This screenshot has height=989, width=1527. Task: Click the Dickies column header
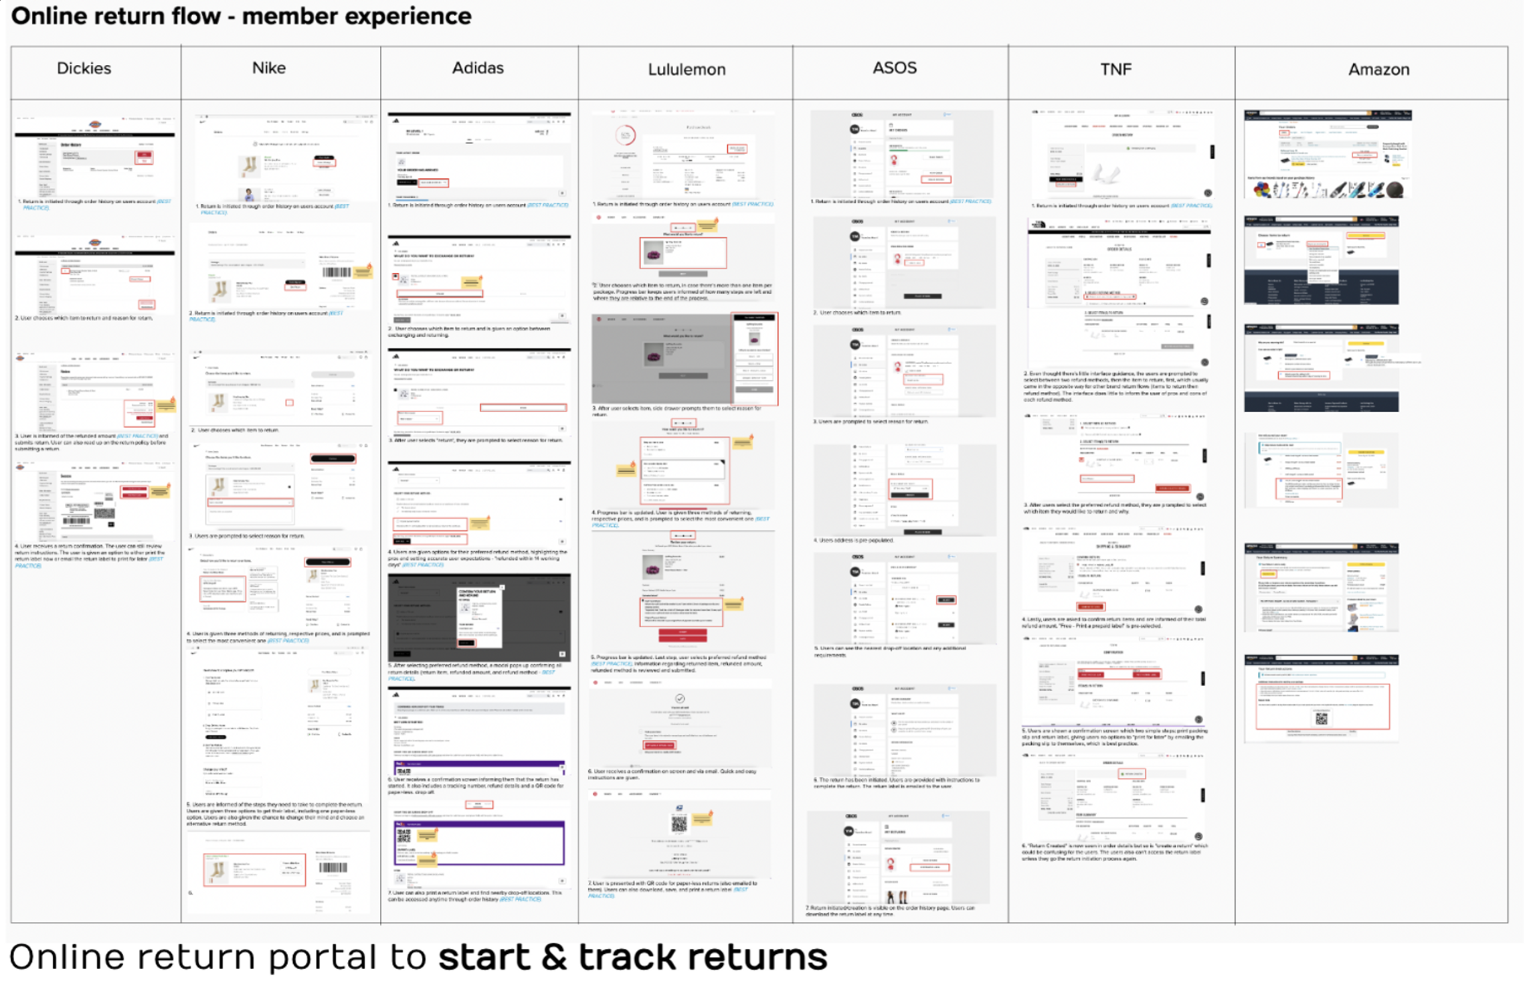(x=84, y=68)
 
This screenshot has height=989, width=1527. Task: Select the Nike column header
(x=268, y=68)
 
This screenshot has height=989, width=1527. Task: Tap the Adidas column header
(x=477, y=68)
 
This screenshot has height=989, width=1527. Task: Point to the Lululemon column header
(x=686, y=70)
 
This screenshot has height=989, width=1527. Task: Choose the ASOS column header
(x=894, y=68)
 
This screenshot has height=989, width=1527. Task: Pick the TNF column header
(x=1115, y=70)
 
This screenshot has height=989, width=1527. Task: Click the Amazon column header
(x=1378, y=70)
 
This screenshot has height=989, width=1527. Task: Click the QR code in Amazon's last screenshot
(x=1321, y=719)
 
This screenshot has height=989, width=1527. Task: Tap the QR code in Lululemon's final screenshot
(x=679, y=824)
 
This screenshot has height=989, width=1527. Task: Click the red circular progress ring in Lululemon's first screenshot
(x=625, y=136)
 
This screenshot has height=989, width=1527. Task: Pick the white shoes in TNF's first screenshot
(x=1105, y=175)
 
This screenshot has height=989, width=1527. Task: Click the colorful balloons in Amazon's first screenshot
(x=1262, y=190)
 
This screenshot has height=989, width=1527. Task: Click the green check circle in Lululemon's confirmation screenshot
(x=680, y=699)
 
